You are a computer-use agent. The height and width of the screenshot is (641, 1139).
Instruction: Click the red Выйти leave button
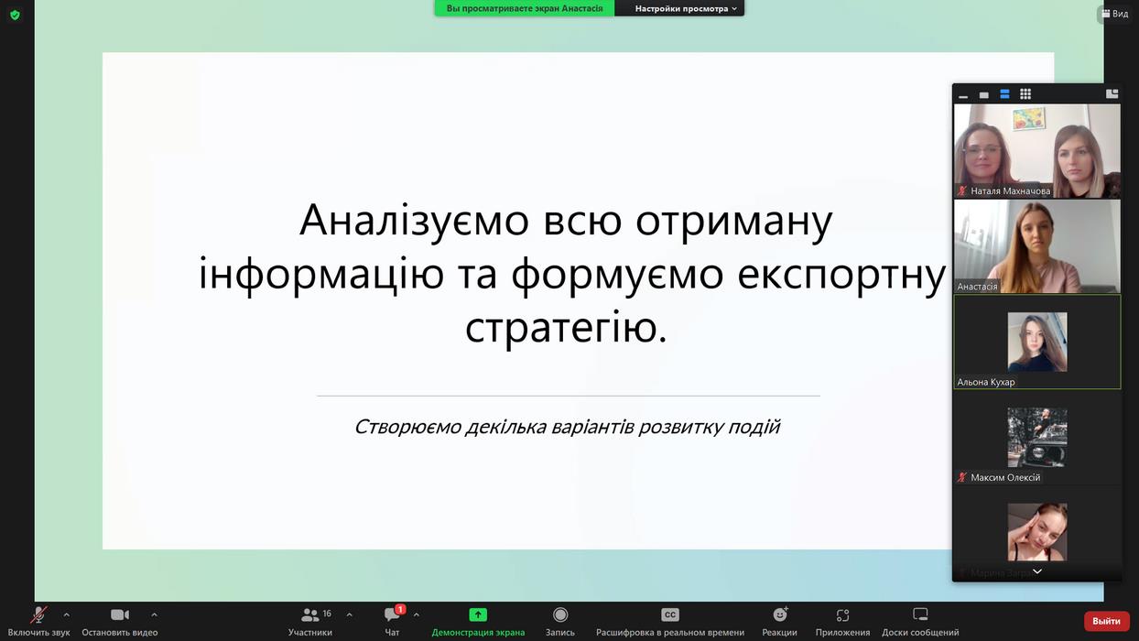coord(1106,621)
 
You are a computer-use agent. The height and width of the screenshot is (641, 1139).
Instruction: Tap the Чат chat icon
coord(392,614)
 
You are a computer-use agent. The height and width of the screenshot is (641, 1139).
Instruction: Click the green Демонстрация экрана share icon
coord(477,614)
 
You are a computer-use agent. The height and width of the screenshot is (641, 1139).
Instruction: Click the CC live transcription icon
coord(669,614)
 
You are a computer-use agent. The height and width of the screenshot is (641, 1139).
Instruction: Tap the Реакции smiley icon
coord(779,614)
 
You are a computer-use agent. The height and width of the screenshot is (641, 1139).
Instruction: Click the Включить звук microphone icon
coord(38,614)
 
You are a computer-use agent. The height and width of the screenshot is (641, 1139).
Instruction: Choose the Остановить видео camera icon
coord(120,614)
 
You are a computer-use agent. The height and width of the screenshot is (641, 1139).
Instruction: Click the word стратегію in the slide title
coord(566,327)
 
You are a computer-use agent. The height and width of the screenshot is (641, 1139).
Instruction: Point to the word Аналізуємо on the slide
coord(415,220)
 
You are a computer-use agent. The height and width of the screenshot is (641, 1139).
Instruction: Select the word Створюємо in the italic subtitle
coord(407,427)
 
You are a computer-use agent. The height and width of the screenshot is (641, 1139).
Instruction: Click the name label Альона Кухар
coord(985,382)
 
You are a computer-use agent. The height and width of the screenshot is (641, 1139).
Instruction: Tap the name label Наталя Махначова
coord(1010,191)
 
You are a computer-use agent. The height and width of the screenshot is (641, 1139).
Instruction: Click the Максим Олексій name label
coord(1005,478)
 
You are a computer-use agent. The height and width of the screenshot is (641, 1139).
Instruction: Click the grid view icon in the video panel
coord(1025,94)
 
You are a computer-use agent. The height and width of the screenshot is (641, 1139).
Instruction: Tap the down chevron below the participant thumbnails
coord(1037,571)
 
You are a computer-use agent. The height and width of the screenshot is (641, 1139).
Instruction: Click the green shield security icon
coord(15,15)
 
